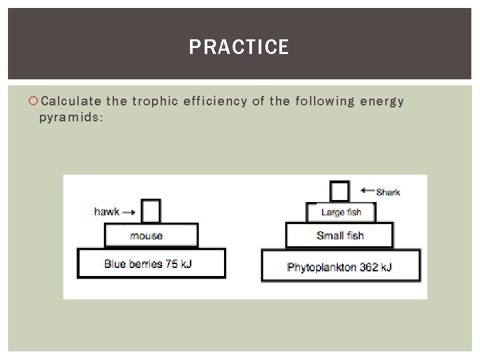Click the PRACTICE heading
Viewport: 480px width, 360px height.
coord(239,47)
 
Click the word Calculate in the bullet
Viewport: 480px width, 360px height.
coord(71,101)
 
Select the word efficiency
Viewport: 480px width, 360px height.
coord(215,101)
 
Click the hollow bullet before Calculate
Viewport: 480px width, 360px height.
coord(34,101)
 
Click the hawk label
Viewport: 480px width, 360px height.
coord(107,212)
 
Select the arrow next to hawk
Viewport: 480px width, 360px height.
coord(129,213)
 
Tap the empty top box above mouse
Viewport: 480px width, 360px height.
coord(151,211)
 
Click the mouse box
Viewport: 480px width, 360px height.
coord(151,235)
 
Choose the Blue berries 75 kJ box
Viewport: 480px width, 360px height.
coord(151,263)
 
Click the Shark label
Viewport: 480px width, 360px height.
coord(387,192)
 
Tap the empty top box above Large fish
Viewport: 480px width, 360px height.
coord(340,191)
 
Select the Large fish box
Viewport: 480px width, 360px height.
coord(341,213)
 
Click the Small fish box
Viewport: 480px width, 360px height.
coord(339,235)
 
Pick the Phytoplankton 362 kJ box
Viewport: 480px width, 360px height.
coord(341,267)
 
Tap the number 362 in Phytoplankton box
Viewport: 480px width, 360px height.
coord(369,267)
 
